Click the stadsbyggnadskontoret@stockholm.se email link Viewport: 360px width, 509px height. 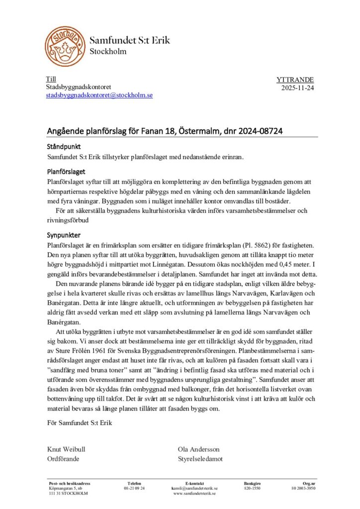point(99,94)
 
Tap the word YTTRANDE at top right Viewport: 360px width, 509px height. point(295,80)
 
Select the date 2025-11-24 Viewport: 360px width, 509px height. point(297,88)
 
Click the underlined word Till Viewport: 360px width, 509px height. point(51,79)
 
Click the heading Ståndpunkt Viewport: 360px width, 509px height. point(64,148)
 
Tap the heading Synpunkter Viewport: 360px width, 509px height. point(64,235)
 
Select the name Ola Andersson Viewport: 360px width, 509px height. point(198,449)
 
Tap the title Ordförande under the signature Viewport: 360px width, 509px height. point(63,458)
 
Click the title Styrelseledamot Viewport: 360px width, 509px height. point(200,458)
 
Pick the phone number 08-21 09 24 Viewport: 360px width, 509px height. point(134,488)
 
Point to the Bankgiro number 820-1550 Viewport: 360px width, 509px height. point(253,488)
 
